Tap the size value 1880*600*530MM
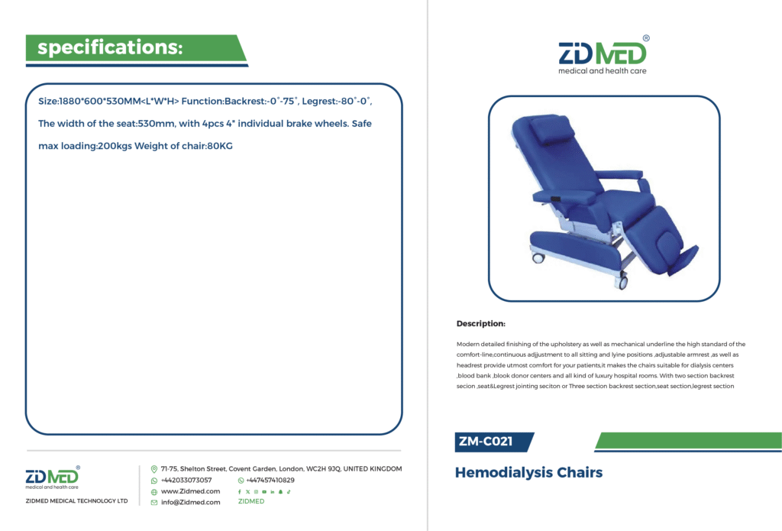point(100,102)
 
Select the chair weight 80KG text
point(220,146)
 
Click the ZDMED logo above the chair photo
point(603,55)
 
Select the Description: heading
point(481,324)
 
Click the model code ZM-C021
point(486,442)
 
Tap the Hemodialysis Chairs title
point(528,473)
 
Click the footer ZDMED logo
point(53,478)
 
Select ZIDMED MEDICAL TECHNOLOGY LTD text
point(77,501)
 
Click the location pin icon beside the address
point(154,469)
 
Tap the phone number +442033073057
point(186,481)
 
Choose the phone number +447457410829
point(270,481)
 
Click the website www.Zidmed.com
point(190,491)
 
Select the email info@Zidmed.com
point(190,503)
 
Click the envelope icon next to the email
point(154,503)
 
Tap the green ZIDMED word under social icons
point(251,501)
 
